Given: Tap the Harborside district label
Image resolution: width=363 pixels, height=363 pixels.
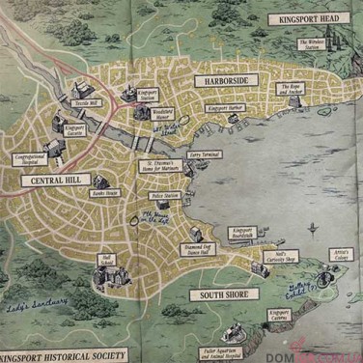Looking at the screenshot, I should click(227, 81).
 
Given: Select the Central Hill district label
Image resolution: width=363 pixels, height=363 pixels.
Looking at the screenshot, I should click(60, 180).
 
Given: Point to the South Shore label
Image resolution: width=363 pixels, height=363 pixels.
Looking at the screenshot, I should click(223, 293).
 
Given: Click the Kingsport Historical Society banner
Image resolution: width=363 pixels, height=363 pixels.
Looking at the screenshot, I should click(63, 355).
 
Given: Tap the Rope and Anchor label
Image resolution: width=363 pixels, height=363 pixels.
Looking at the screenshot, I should click(291, 88).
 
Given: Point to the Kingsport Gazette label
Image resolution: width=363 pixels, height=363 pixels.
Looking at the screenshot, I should click(74, 129).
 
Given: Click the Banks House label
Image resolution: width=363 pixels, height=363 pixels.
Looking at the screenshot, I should click(105, 193).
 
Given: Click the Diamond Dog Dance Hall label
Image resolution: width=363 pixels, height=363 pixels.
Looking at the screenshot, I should click(175, 250).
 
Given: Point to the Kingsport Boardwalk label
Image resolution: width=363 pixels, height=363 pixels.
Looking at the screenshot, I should click(242, 233).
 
